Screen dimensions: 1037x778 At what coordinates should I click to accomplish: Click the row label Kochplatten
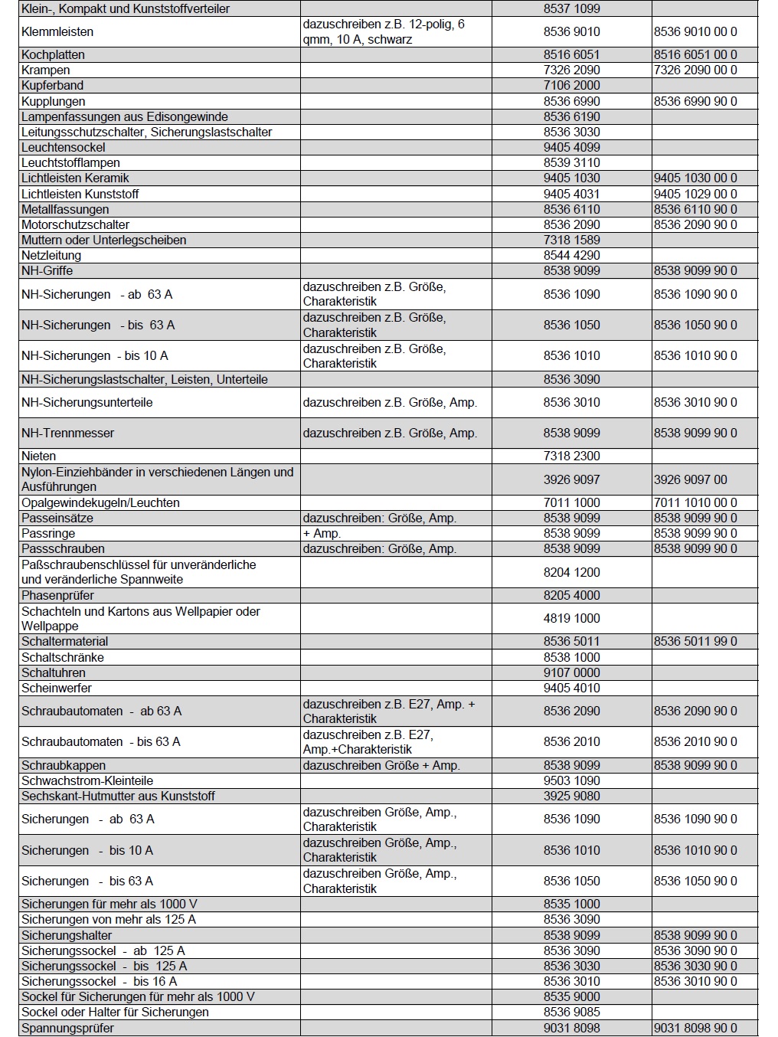pyautogui.click(x=53, y=55)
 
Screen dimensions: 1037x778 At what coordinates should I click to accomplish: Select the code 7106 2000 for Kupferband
pyautogui.click(x=571, y=86)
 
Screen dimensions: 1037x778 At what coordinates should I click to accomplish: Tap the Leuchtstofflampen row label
pyautogui.click(x=70, y=163)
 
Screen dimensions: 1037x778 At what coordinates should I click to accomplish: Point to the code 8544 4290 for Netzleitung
pyautogui.click(x=571, y=255)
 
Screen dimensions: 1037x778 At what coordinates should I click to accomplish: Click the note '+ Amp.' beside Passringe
pyautogui.click(x=322, y=534)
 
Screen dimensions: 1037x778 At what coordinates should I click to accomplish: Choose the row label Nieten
pyautogui.click(x=38, y=456)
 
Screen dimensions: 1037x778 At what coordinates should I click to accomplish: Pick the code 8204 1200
pyautogui.click(x=571, y=572)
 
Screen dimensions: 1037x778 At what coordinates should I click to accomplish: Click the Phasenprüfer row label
pyautogui.click(x=57, y=596)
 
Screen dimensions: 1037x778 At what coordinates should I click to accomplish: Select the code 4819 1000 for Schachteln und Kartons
pyautogui.click(x=571, y=618)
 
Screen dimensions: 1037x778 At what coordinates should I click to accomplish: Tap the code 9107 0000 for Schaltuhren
pyautogui.click(x=571, y=672)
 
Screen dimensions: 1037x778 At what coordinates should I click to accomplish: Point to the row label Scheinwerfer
pyautogui.click(x=56, y=688)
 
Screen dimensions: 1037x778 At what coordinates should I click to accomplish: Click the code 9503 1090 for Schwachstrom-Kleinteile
pyautogui.click(x=571, y=780)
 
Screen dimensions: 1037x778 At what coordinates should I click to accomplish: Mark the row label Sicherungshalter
pyautogui.click(x=67, y=935)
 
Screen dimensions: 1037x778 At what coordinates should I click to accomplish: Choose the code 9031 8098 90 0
pyautogui.click(x=695, y=1028)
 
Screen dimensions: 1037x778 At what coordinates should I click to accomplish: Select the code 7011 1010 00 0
pyautogui.click(x=695, y=503)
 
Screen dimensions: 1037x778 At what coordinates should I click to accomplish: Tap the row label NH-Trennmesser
pyautogui.click(x=67, y=433)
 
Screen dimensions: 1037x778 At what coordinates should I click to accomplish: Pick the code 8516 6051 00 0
pyautogui.click(x=695, y=55)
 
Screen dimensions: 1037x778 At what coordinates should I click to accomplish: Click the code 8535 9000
pyautogui.click(x=571, y=996)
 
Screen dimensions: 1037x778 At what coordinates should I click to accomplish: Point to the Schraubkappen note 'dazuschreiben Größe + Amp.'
pyautogui.click(x=381, y=765)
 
